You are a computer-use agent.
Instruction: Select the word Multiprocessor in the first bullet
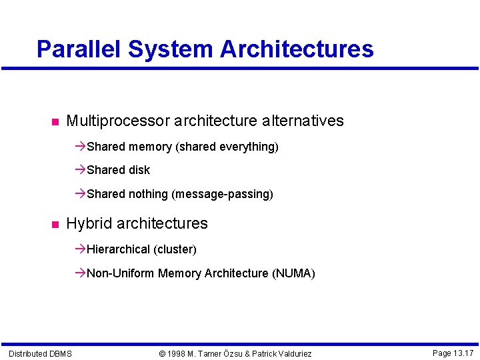[118, 121]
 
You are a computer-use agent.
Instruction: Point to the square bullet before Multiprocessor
[54, 122]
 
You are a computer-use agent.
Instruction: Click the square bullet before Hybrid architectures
[54, 224]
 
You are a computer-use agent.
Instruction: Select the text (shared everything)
[227, 147]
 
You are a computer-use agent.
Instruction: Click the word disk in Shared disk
[139, 170]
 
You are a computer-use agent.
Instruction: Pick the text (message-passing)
[222, 194]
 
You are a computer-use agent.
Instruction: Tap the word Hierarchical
[118, 249]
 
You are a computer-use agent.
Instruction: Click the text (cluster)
[175, 249]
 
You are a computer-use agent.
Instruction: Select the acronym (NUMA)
[293, 273]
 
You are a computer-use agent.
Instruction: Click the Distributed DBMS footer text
[40, 353]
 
